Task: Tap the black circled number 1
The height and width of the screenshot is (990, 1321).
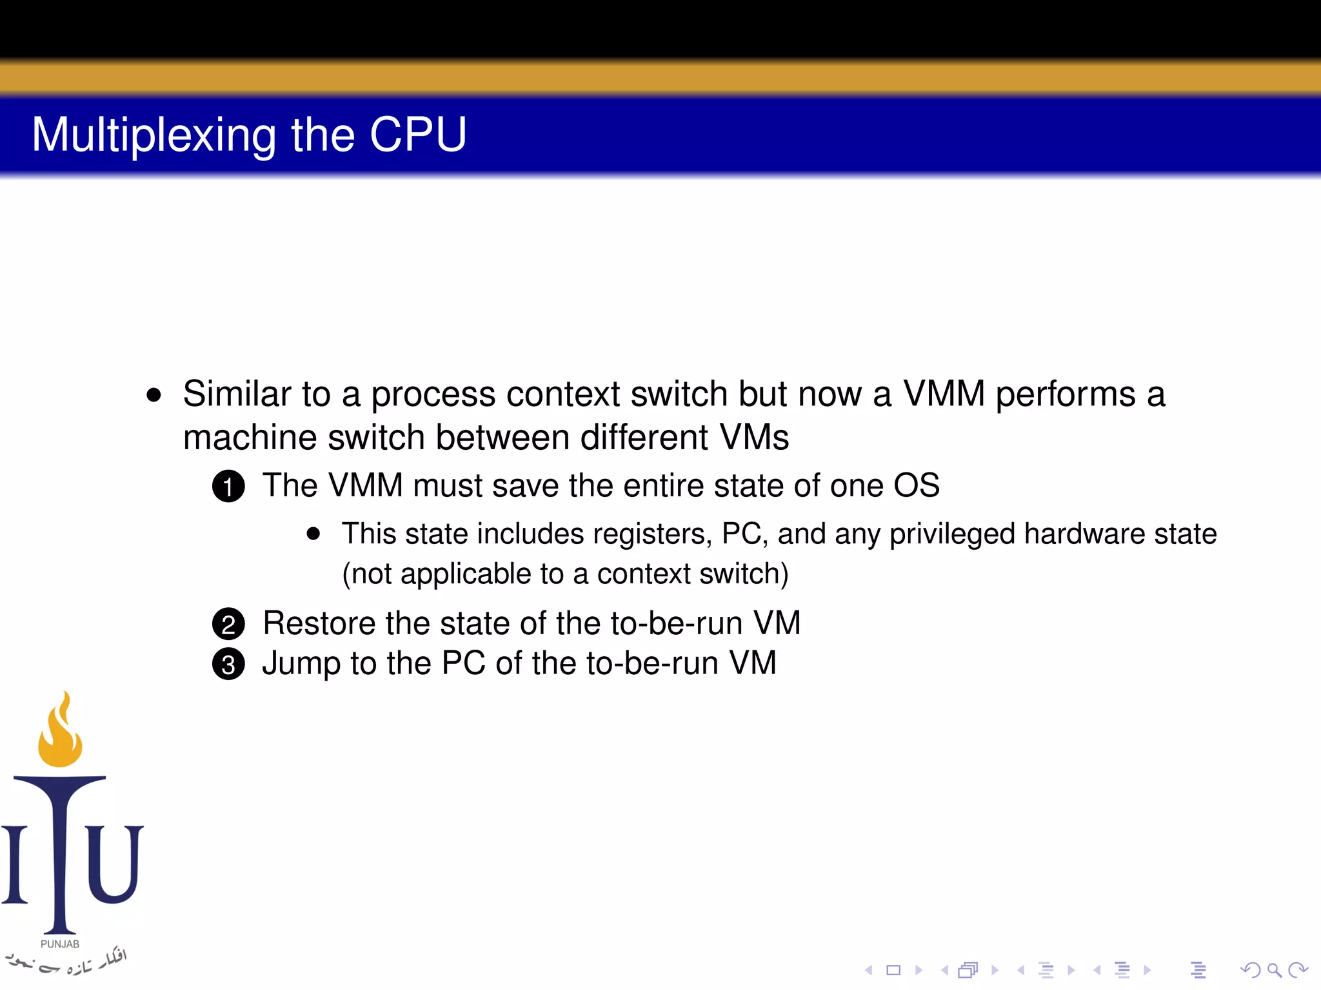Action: tap(228, 487)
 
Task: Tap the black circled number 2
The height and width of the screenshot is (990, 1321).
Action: tap(228, 624)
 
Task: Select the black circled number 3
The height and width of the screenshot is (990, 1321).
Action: tap(228, 665)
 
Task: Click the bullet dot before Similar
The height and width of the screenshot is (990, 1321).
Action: tap(154, 395)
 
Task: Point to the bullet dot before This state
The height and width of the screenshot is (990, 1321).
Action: tap(313, 534)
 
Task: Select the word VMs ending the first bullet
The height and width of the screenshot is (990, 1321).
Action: tap(753, 438)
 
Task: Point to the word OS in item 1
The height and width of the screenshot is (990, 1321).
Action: tap(916, 485)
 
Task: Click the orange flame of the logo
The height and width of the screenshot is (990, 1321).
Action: tap(61, 735)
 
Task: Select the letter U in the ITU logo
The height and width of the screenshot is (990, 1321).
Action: tap(114, 864)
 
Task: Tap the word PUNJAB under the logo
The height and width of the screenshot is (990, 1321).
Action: tap(60, 944)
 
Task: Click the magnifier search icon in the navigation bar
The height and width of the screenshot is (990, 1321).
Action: tap(1274, 969)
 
